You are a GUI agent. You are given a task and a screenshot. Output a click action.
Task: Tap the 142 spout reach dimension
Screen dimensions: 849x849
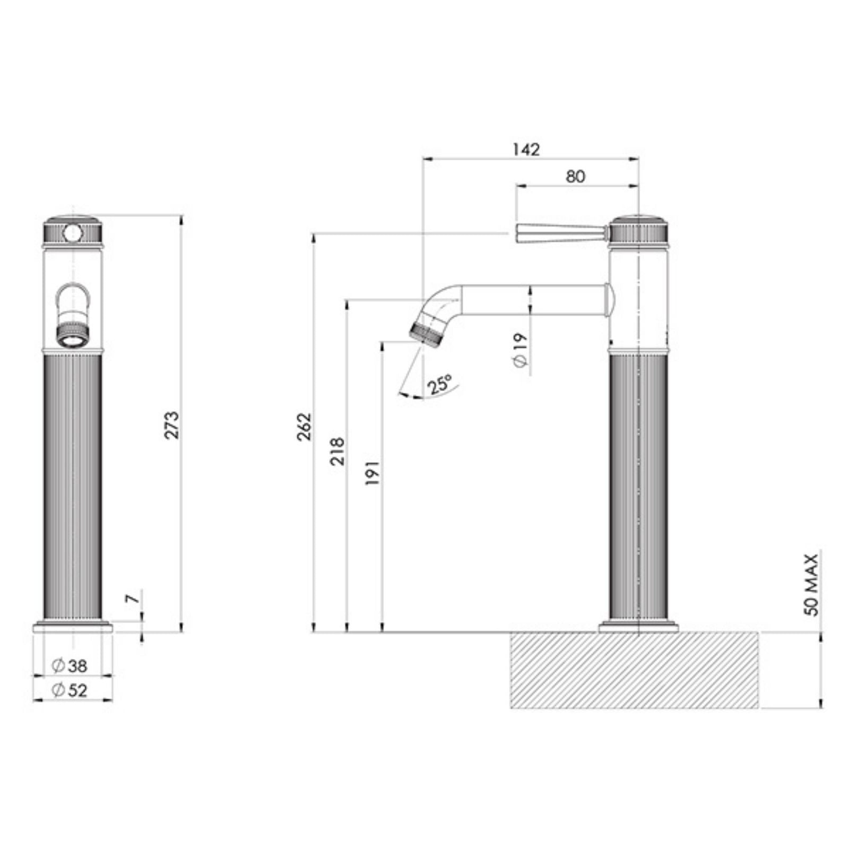tap(526, 150)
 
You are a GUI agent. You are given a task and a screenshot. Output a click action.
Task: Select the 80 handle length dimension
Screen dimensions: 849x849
tap(575, 177)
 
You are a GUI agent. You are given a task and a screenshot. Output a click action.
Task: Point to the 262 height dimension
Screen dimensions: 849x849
tap(304, 426)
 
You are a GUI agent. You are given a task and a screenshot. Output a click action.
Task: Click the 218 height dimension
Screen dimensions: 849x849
tap(337, 451)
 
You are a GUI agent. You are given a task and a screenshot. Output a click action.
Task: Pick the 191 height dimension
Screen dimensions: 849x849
tap(372, 472)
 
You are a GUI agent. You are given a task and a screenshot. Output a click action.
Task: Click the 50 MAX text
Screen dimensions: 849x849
tap(811, 584)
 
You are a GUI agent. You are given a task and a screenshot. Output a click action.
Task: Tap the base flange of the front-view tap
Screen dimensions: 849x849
tap(73, 628)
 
